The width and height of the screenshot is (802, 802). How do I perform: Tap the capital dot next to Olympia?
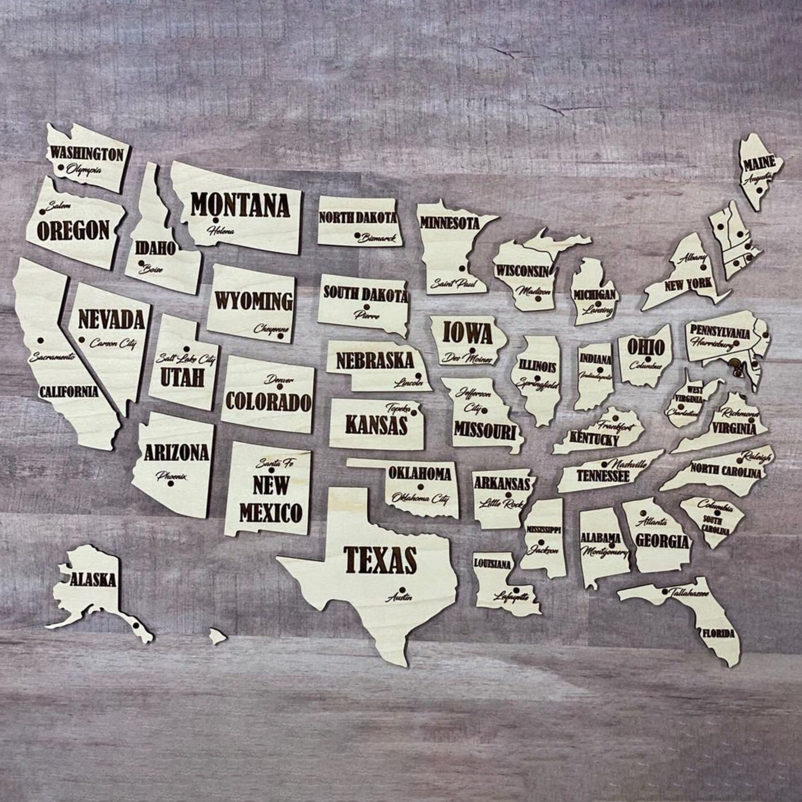point(61,168)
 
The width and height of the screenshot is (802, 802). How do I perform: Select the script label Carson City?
point(113,343)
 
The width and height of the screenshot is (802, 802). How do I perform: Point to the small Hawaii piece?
point(217,647)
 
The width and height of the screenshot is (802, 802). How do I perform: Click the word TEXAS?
point(380,559)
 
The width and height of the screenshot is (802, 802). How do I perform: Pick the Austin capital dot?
point(403,589)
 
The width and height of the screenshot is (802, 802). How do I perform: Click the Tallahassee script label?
point(689,594)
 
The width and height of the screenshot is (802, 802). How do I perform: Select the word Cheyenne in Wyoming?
point(271,328)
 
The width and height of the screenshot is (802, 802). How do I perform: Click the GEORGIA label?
point(662,541)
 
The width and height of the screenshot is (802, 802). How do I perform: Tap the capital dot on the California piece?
point(40,340)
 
